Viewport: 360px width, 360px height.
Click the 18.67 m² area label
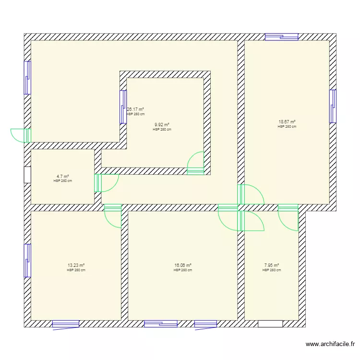[x=287, y=122]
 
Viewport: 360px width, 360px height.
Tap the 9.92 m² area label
[x=162, y=124]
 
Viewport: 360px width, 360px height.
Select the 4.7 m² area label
[x=63, y=176]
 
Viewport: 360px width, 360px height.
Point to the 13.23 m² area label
[x=76, y=265]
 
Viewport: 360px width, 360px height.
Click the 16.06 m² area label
[x=183, y=265]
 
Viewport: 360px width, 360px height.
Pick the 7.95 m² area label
[x=272, y=265]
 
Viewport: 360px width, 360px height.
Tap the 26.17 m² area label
[x=135, y=109]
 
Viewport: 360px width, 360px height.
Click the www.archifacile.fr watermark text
[x=331, y=344]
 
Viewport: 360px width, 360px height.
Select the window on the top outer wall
[x=282, y=36]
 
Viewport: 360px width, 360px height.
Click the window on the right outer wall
[x=333, y=106]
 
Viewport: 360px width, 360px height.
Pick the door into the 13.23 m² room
[x=113, y=216]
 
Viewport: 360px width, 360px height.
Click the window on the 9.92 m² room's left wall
[x=123, y=107]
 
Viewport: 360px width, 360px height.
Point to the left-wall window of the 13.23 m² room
[x=27, y=260]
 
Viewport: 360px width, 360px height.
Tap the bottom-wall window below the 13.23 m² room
[x=66, y=324]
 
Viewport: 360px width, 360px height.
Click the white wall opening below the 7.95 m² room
[x=270, y=324]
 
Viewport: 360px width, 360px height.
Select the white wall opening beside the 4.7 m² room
[x=27, y=174]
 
